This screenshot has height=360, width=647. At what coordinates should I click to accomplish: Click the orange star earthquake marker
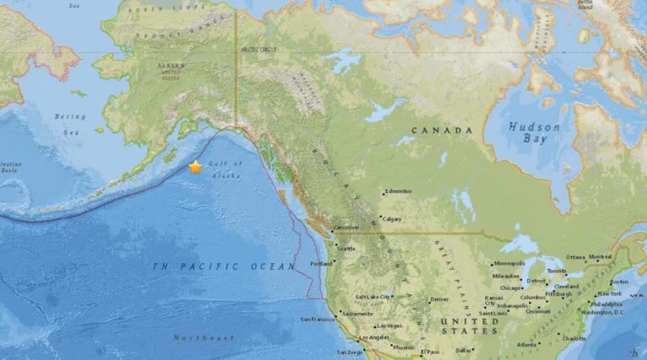click(x=195, y=167)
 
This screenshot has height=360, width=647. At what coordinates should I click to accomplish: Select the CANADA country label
click(x=441, y=132)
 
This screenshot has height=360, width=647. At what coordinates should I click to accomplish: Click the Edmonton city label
click(x=398, y=191)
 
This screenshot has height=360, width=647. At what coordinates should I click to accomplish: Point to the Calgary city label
click(x=392, y=219)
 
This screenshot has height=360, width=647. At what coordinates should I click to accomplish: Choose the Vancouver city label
click(x=346, y=228)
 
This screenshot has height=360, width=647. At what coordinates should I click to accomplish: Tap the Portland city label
click(x=322, y=264)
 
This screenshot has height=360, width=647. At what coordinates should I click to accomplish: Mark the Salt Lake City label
click(x=373, y=297)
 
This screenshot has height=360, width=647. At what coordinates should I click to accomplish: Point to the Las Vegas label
click(x=389, y=325)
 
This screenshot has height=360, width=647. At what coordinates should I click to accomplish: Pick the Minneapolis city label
click(x=509, y=264)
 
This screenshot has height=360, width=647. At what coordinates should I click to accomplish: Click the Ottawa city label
click(x=575, y=257)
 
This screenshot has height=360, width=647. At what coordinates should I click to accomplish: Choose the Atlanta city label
click(x=528, y=344)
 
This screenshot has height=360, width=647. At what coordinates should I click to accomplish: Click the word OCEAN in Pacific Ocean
click(x=273, y=266)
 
